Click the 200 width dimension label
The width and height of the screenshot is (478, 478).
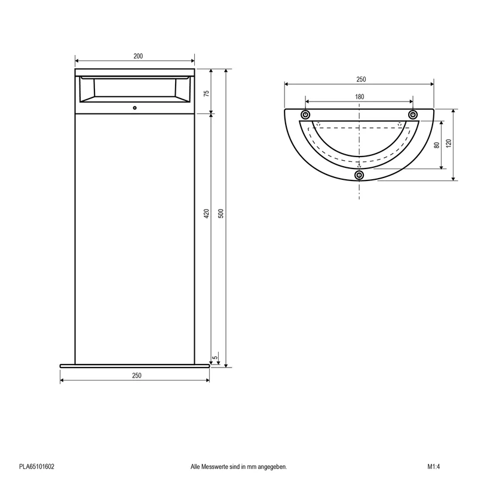coord(138,56)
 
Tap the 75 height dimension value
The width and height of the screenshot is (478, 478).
coord(206,93)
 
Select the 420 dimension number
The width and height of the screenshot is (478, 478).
coord(206,213)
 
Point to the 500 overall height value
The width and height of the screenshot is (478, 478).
coord(221,213)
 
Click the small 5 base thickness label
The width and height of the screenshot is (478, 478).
coord(215,357)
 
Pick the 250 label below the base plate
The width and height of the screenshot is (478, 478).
coord(137,376)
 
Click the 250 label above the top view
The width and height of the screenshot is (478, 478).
coord(361,79)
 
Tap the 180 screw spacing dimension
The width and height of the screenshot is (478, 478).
coord(360,97)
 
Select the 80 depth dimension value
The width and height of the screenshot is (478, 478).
coord(437,145)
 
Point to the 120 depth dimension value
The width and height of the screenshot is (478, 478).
coord(449,143)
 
